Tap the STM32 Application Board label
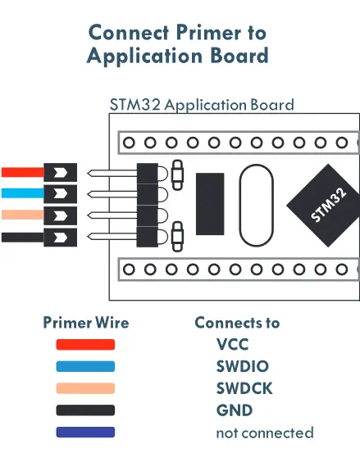tap(202, 105)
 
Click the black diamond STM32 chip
tap(327, 204)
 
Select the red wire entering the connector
tap(21, 173)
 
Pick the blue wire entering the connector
tap(21, 194)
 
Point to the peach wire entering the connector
tap(21, 216)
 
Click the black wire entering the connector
tap(21, 238)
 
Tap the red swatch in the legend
tap(85, 345)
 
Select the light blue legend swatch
tap(85, 367)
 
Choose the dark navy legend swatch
tap(85, 433)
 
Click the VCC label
tap(232, 345)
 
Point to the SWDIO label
tap(242, 367)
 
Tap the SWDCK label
tap(243, 388)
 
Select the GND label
tap(234, 410)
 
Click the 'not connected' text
tap(264, 433)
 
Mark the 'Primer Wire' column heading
tap(85, 323)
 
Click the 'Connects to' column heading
tap(237, 323)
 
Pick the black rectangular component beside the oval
tap(210, 204)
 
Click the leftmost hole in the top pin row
tap(129, 143)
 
